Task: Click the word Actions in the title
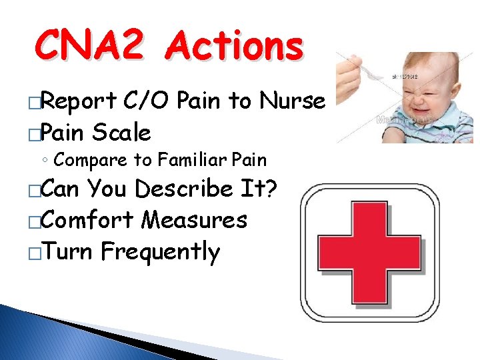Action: (235, 47)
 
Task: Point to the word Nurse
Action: (295, 101)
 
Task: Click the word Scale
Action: (122, 132)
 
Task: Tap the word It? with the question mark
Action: (260, 189)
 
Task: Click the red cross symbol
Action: (371, 254)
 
